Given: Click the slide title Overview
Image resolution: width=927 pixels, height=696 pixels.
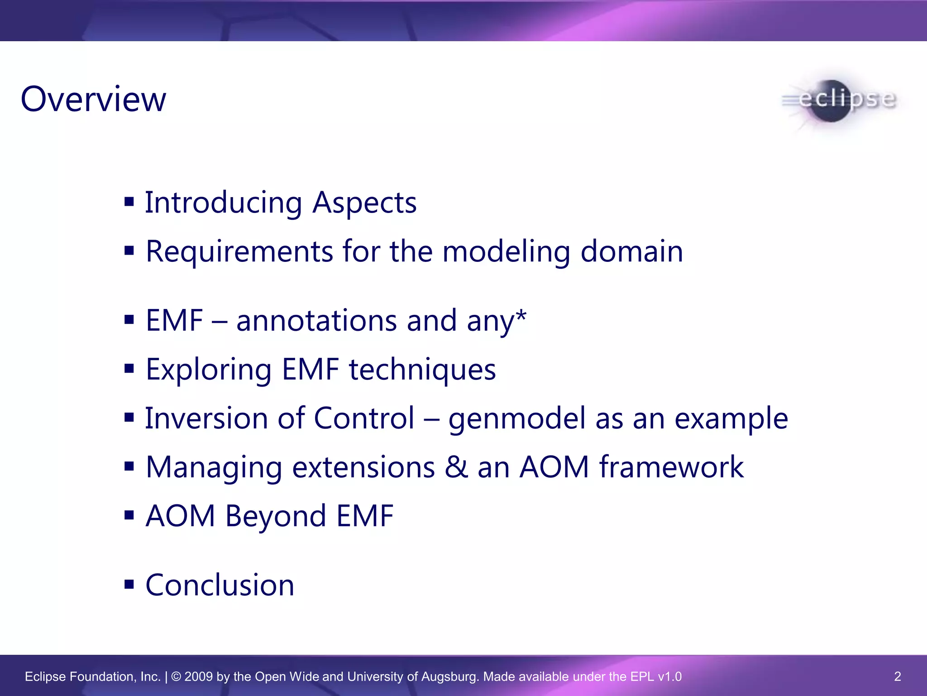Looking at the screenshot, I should click(93, 99).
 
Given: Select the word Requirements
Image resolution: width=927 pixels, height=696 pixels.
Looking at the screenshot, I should click(239, 251).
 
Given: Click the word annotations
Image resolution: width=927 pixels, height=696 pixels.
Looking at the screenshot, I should click(316, 321).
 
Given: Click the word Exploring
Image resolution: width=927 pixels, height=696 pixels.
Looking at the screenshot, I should click(208, 370).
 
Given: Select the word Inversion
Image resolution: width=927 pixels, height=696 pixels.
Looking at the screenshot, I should click(206, 418).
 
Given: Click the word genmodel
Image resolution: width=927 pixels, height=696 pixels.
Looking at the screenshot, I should click(516, 419).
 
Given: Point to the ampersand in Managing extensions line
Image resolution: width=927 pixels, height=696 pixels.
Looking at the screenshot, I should click(456, 467).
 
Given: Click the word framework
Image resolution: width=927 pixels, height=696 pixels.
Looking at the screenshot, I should click(671, 467).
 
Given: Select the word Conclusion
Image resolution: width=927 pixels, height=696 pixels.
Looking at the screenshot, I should click(220, 585).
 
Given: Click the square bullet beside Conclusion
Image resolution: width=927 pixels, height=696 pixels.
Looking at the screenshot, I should click(129, 584).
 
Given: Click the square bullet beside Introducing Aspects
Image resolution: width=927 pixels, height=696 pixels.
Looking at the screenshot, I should click(129, 201).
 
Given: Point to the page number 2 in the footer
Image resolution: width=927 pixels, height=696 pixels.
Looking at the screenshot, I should click(898, 677).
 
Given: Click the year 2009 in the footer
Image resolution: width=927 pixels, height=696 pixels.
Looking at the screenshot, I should click(199, 677).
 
